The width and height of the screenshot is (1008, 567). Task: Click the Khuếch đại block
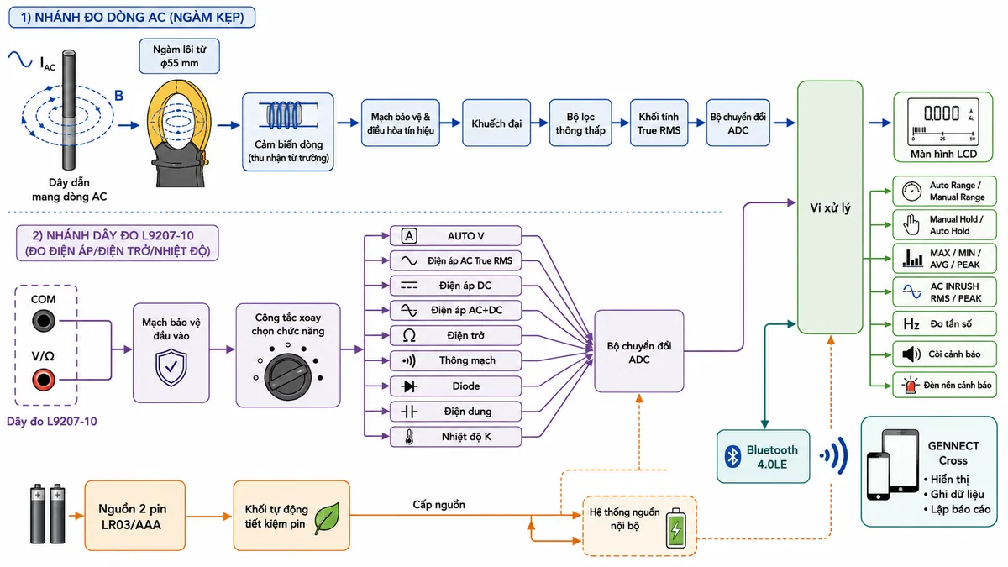point(496,123)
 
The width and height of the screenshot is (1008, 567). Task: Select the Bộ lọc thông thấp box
point(580,123)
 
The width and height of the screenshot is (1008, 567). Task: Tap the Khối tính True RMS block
point(659,123)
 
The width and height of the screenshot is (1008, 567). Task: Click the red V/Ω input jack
point(44,380)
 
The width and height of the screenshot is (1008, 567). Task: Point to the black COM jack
point(44,321)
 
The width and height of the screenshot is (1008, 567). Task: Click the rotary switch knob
point(287,377)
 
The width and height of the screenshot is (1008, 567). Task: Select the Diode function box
point(455,386)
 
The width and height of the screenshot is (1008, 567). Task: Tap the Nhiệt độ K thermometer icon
point(409,437)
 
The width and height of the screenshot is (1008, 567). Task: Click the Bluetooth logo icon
point(732,456)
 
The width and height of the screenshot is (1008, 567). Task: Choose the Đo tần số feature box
point(944,323)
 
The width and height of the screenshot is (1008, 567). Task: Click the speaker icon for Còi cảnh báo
point(911,354)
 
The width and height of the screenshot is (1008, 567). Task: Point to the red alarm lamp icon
point(911,386)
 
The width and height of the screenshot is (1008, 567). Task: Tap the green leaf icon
point(327,518)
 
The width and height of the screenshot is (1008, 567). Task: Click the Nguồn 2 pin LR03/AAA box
point(134,516)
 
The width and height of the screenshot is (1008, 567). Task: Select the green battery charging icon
point(676,528)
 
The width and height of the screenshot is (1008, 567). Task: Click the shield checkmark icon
point(171,368)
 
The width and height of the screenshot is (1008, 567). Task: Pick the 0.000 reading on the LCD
point(942,113)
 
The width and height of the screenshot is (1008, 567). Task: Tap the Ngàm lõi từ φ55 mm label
point(180,56)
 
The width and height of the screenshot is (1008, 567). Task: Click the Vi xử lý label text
point(830,208)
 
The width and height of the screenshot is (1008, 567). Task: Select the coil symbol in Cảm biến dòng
point(287,115)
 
